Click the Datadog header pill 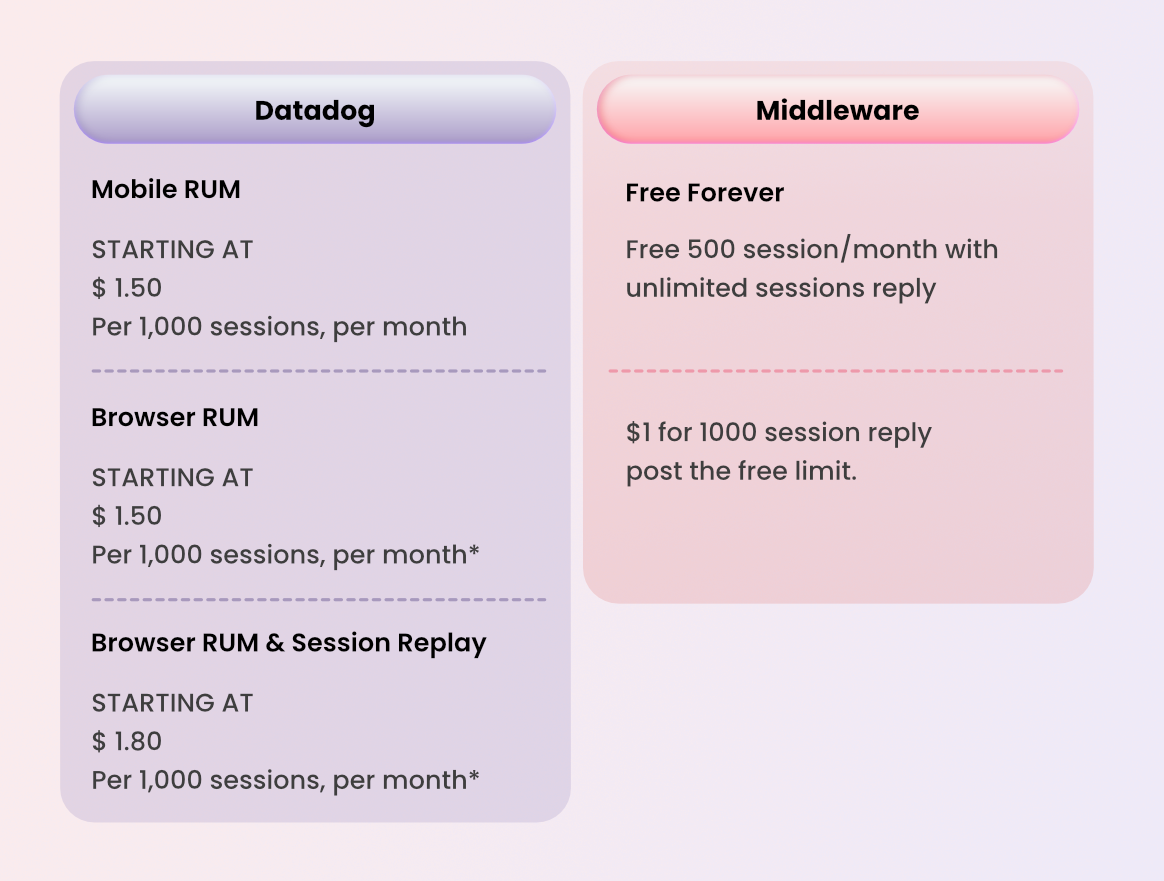click(315, 110)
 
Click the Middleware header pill click(838, 110)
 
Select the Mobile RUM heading click(166, 190)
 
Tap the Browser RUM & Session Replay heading click(288, 643)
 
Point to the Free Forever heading click(705, 193)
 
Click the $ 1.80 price click(127, 741)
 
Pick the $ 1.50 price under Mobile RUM click(127, 288)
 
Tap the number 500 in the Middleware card click(711, 249)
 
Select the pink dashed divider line click(836, 371)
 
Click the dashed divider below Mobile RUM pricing click(318, 371)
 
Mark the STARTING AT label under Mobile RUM click(172, 249)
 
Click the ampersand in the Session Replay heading click(275, 643)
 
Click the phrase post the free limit click(741, 471)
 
